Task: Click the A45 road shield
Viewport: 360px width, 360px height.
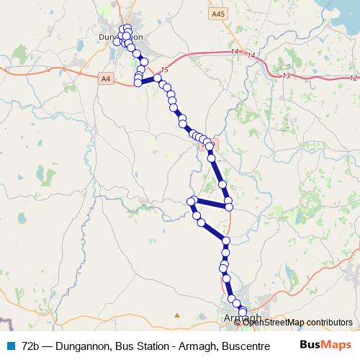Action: point(218,14)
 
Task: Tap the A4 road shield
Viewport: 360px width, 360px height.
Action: point(106,77)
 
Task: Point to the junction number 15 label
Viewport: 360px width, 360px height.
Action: point(164,69)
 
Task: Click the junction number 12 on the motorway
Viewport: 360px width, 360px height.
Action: point(352,77)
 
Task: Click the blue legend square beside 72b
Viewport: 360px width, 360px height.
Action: point(10,346)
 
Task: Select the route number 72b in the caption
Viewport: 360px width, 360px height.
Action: point(31,346)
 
